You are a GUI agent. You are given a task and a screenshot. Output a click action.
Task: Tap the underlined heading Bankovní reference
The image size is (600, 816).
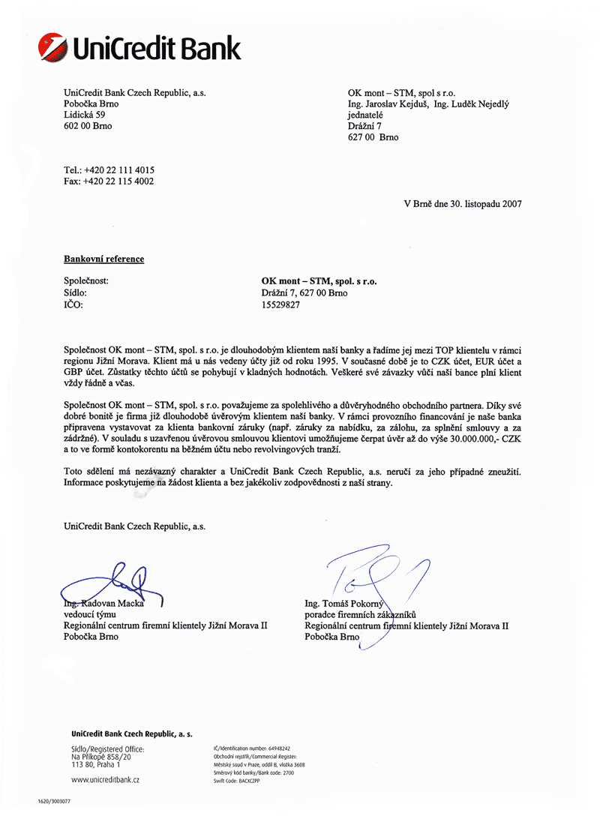pyautogui.click(x=103, y=259)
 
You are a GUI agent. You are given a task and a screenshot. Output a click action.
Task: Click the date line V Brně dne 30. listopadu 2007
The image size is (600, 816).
pyautogui.click(x=463, y=203)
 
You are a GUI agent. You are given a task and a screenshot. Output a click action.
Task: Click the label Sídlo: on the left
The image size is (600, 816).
pyautogui.click(x=76, y=293)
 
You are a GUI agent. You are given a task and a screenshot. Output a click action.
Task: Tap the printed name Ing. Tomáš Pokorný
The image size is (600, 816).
pyautogui.click(x=344, y=604)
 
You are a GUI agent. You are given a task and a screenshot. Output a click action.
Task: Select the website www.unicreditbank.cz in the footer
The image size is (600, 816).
pyautogui.click(x=105, y=780)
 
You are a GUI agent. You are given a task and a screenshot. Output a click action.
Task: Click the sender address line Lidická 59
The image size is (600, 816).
pyautogui.click(x=85, y=115)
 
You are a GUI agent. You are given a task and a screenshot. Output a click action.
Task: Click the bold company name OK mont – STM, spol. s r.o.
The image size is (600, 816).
pyautogui.click(x=319, y=281)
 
